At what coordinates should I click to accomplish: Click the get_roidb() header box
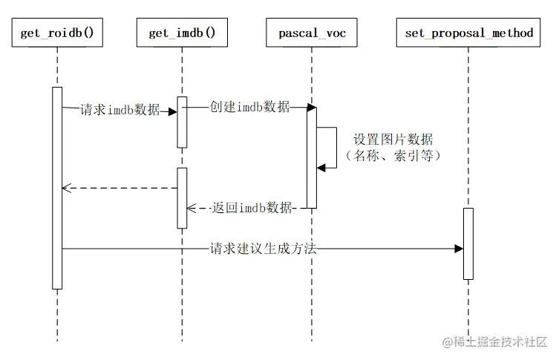[x=57, y=33]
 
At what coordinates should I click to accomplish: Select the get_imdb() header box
[x=182, y=33]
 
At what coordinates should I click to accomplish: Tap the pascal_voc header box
[x=312, y=33]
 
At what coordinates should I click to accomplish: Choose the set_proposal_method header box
[x=469, y=33]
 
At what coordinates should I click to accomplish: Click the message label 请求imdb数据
[x=120, y=111]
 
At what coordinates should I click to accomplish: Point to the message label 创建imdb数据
[x=250, y=107]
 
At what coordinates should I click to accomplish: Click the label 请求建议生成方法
[x=264, y=249]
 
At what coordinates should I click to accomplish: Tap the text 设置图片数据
[x=393, y=140]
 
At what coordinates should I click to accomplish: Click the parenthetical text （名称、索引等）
[x=393, y=156]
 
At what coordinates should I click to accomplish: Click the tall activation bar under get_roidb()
[x=57, y=188]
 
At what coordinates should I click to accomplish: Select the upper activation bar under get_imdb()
[x=182, y=122]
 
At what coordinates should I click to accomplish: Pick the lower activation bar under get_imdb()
[x=182, y=197]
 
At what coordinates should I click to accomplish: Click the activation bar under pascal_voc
[x=312, y=157]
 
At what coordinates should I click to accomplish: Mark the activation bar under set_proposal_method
[x=468, y=243]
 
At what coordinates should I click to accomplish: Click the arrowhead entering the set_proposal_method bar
[x=459, y=249]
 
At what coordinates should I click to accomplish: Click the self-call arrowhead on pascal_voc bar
[x=321, y=168]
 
